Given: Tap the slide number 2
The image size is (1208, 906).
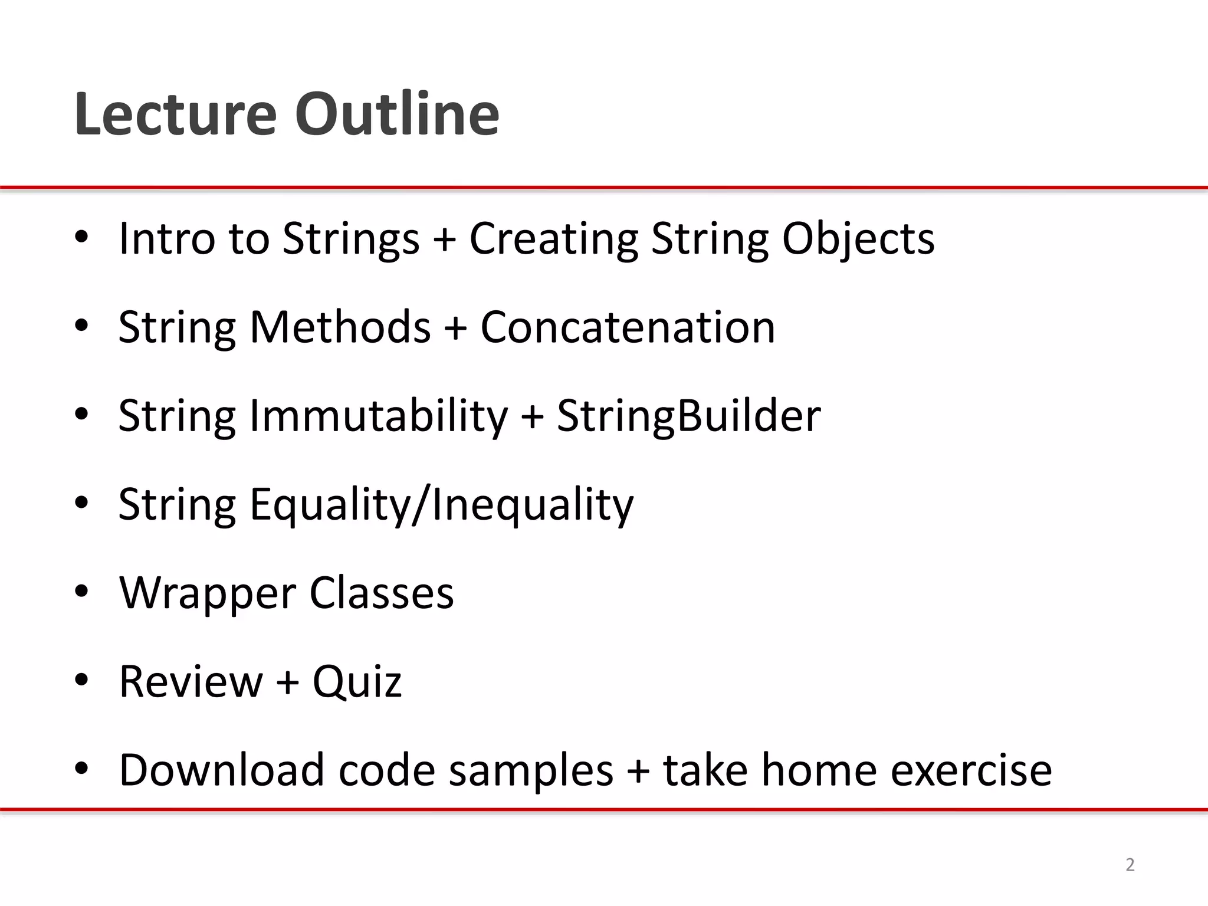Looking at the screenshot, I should click(1130, 865).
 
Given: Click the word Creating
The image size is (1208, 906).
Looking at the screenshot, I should click(553, 239).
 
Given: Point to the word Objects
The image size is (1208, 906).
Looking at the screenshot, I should click(858, 239).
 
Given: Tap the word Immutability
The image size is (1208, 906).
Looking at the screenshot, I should click(378, 416).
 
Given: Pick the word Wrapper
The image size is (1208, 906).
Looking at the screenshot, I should click(207, 593).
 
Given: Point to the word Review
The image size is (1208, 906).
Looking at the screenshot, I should click(191, 681).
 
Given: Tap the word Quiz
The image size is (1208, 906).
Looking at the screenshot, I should click(357, 682).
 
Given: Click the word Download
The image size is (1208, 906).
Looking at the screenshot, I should click(222, 770).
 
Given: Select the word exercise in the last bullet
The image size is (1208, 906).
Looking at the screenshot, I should click(971, 770).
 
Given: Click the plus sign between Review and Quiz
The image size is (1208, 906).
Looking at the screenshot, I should click(287, 682).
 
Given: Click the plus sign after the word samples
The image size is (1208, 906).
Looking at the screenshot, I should click(638, 771).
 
